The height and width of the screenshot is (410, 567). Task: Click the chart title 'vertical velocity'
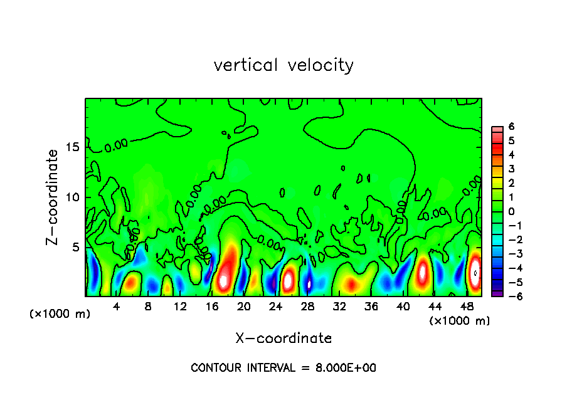click(x=283, y=65)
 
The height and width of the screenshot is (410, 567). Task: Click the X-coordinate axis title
click(x=283, y=339)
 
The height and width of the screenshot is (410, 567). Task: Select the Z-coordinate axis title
click(x=53, y=197)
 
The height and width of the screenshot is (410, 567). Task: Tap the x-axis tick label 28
click(x=307, y=307)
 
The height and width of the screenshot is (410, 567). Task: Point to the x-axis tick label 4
click(x=117, y=307)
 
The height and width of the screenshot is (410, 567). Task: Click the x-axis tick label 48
click(x=467, y=307)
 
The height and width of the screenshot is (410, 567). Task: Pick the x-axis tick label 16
click(x=212, y=307)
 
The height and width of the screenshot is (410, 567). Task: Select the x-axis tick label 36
click(x=371, y=307)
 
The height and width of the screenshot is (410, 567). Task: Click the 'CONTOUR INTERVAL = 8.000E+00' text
click(x=283, y=368)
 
